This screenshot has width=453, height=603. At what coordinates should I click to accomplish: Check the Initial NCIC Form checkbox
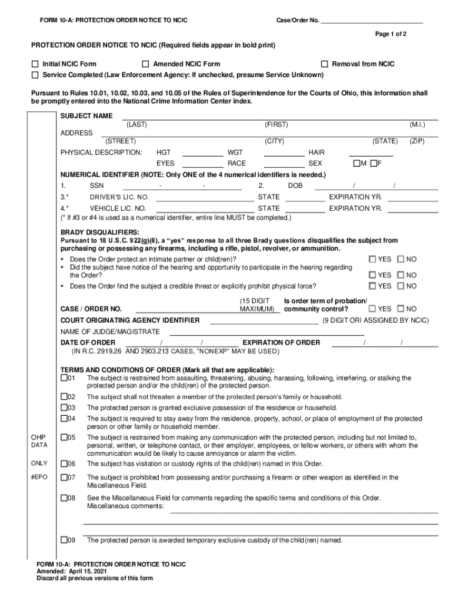[x=35, y=64]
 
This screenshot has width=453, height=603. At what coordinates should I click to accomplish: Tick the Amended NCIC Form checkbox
[x=145, y=64]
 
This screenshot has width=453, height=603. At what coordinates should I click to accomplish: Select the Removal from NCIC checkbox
[x=324, y=64]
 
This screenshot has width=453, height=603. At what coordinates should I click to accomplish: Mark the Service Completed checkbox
[x=35, y=75]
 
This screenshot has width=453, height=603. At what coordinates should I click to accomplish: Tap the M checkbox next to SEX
[x=356, y=163]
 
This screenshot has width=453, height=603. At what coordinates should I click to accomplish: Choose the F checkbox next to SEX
[x=374, y=163]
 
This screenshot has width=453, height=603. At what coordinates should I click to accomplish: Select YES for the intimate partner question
[x=372, y=259]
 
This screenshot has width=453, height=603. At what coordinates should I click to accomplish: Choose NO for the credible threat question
[x=401, y=286]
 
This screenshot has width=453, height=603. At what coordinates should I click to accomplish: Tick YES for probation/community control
[x=372, y=309]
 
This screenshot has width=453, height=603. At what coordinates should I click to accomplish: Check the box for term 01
[x=64, y=377]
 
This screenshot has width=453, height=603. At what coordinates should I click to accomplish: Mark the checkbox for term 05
[x=64, y=438]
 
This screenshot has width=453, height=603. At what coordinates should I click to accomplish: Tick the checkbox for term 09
[x=64, y=540]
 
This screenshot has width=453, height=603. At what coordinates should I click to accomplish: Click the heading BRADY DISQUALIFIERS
[x=99, y=233]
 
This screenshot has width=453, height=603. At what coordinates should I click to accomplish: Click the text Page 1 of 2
[x=391, y=34]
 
